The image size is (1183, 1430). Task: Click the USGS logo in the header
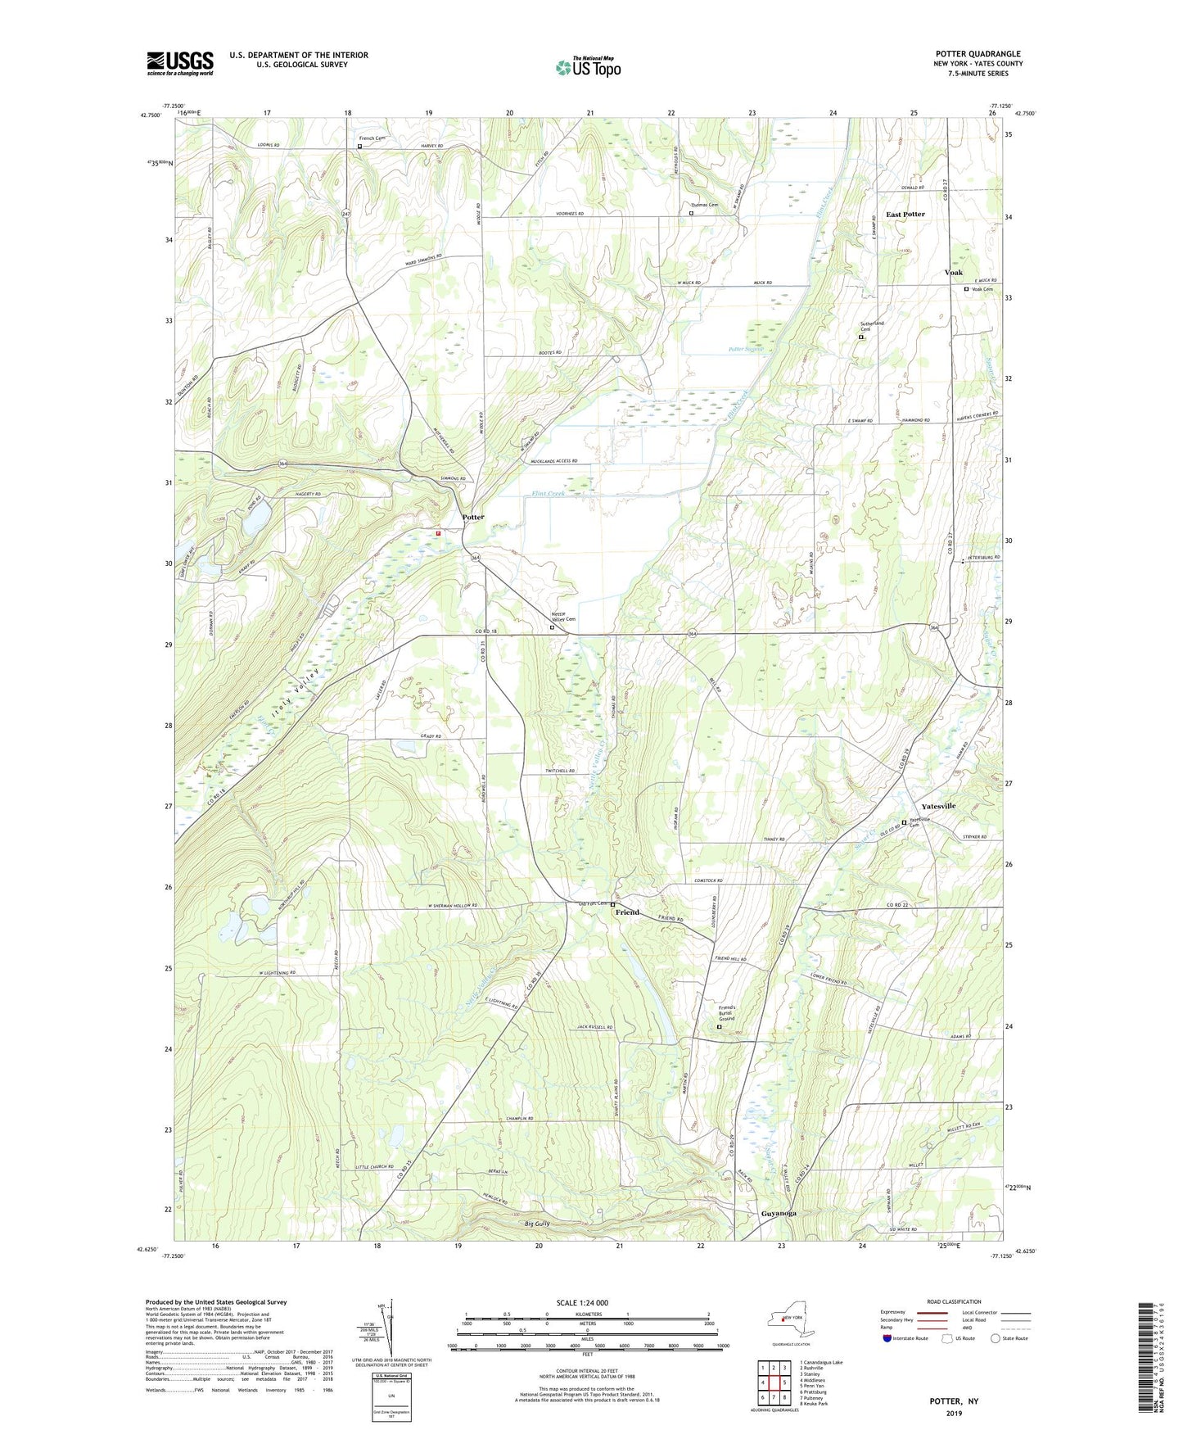[180, 63]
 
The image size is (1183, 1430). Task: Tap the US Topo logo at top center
[588, 67]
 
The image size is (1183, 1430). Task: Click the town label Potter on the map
[472, 517]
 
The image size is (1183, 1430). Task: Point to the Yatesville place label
[938, 806]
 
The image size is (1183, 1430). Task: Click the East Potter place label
[905, 215]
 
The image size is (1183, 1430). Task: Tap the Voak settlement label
[953, 272]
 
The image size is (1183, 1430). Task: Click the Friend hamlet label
[627, 912]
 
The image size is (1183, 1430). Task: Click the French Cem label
[372, 138]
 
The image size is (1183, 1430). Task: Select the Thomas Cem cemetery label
[703, 205]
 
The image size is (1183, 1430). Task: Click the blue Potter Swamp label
[745, 349]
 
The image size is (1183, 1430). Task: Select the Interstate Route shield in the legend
[889, 1338]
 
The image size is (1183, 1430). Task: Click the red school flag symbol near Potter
[439, 533]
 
